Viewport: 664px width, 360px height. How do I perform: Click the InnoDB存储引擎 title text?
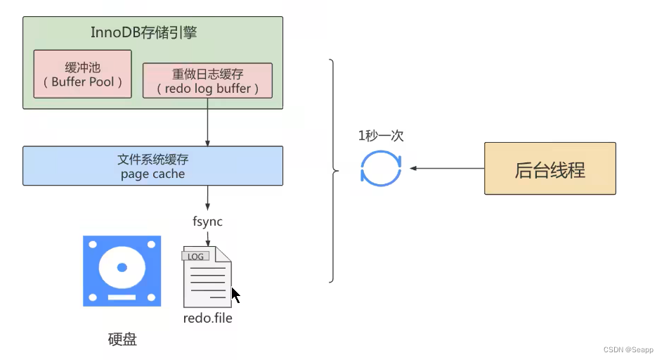click(x=152, y=33)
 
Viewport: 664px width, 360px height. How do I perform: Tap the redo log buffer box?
click(x=207, y=81)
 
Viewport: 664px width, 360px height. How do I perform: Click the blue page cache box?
click(x=152, y=166)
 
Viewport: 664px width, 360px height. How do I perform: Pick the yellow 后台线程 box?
click(x=549, y=169)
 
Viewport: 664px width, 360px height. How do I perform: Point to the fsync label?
click(x=207, y=221)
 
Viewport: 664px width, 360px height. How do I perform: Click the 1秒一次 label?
click(x=380, y=136)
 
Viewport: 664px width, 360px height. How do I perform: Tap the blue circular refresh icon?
click(x=380, y=169)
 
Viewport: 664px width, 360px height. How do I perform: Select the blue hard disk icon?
click(x=122, y=271)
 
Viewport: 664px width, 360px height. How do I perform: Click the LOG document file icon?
click(x=207, y=278)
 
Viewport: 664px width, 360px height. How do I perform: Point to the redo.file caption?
click(x=207, y=318)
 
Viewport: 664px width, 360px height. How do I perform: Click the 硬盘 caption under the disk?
click(x=122, y=340)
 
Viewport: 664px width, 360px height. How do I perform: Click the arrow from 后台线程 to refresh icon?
click(x=446, y=169)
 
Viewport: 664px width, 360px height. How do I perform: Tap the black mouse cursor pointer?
click(x=235, y=295)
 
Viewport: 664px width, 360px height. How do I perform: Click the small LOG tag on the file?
click(x=195, y=257)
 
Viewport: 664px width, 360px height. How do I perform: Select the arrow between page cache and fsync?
click(x=207, y=197)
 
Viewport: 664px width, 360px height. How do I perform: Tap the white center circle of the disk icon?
click(x=122, y=268)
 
